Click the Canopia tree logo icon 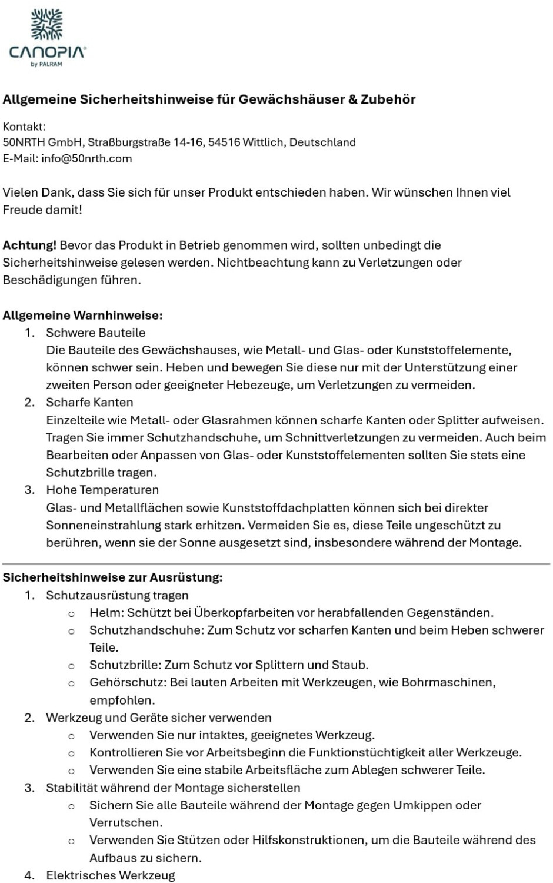pyautogui.click(x=47, y=25)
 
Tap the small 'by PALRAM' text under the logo pyautogui.click(x=47, y=64)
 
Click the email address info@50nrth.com pyautogui.click(x=86, y=158)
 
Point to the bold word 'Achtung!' pyautogui.click(x=30, y=245)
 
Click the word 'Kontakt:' pyautogui.click(x=24, y=126)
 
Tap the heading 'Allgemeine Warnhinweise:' pyautogui.click(x=82, y=315)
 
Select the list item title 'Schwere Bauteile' pyautogui.click(x=95, y=333)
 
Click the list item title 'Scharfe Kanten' pyautogui.click(x=89, y=402)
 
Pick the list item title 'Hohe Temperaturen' pyautogui.click(x=102, y=490)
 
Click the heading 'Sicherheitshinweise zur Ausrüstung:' pyautogui.click(x=112, y=577)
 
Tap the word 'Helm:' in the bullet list pyautogui.click(x=106, y=613)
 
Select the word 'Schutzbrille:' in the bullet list pyautogui.click(x=125, y=665)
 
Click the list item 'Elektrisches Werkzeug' pyautogui.click(x=111, y=875)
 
